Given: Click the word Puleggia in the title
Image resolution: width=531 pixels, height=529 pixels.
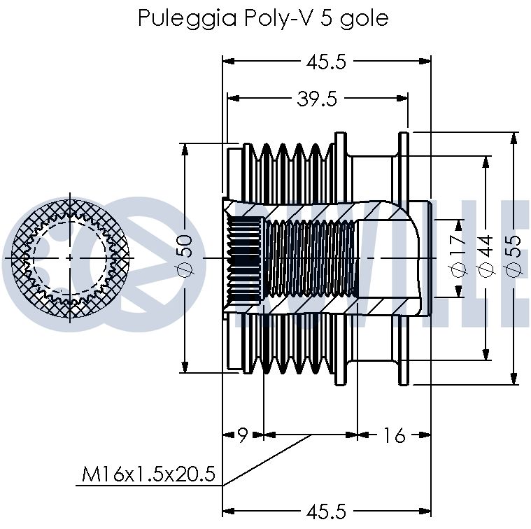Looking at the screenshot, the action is tap(187, 19).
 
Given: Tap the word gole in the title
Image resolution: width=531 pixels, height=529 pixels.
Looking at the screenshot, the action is tap(364, 20).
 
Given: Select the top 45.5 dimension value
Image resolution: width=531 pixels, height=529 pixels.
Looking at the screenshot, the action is tap(326, 62).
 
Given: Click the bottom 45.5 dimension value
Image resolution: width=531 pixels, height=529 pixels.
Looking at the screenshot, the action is tap(326, 512).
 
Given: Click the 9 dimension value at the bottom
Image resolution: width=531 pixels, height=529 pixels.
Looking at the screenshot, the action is tap(243, 435).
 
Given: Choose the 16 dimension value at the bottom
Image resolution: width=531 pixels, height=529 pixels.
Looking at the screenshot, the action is tap(394, 435).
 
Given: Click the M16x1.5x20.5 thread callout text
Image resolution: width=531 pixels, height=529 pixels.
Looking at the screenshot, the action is tap(148, 474).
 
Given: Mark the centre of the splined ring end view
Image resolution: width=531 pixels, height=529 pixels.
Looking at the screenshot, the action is tap(70, 258).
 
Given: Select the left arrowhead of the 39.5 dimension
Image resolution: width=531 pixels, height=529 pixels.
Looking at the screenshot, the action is tap(234, 98).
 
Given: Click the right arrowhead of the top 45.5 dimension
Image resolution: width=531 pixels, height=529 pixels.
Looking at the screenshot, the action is tap(425, 62).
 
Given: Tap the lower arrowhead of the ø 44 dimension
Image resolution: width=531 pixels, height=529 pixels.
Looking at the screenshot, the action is tap(486, 354).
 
